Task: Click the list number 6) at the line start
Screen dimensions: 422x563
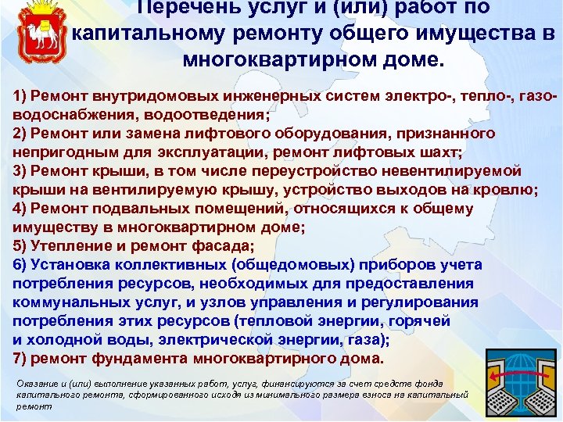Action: pos(22,265)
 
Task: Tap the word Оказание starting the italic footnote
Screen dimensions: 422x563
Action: pos(36,384)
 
